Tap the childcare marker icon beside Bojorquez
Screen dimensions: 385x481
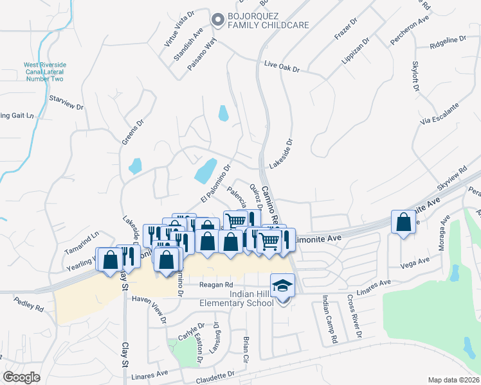click(217, 19)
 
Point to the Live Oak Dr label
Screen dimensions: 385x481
click(282, 65)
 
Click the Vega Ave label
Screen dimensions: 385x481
click(415, 262)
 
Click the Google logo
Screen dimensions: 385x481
click(22, 377)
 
